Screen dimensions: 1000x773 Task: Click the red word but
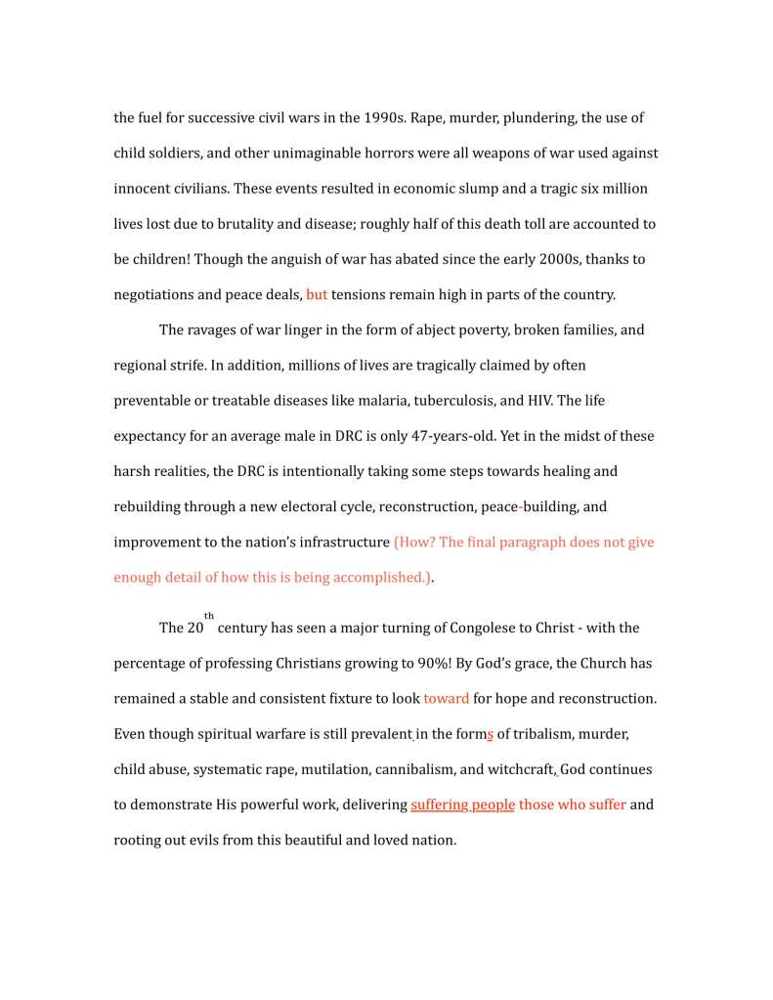point(317,294)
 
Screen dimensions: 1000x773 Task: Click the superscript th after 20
point(209,616)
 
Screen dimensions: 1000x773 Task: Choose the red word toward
point(446,699)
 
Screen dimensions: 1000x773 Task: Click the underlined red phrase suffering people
point(462,804)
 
